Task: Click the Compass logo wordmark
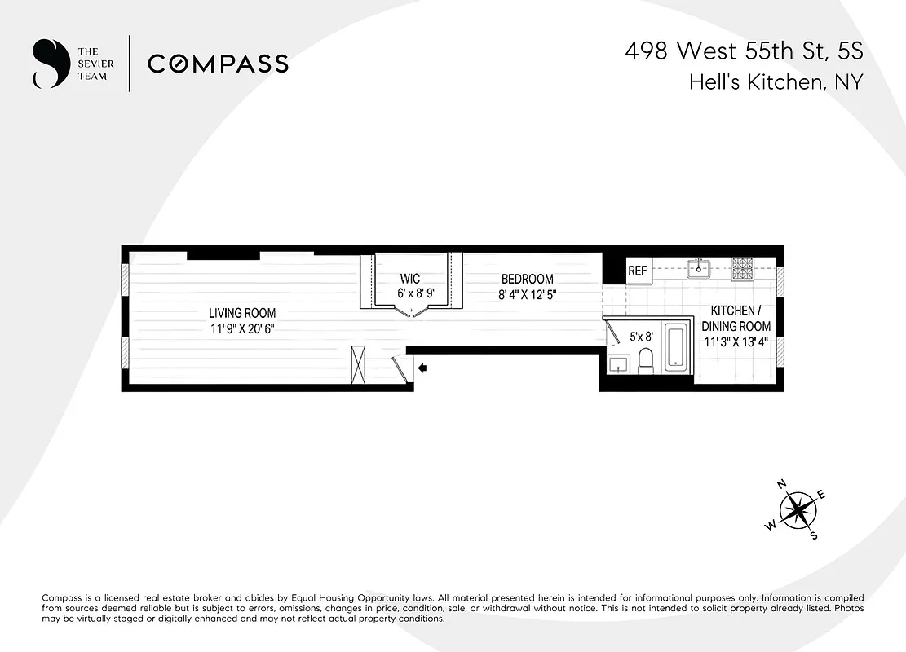pos(218,64)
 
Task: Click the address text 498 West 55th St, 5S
pos(743,51)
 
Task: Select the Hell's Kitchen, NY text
pos(776,82)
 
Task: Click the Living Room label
pos(242,313)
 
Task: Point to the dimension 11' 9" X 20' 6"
pos(242,329)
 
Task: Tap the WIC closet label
pos(411,280)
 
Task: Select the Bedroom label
pos(527,280)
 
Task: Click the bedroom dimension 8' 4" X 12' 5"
pos(527,295)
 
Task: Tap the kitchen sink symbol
pos(698,268)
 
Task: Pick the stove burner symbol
pos(743,267)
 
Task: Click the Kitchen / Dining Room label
pos(737,319)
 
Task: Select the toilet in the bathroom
pos(646,360)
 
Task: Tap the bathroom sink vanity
pos(618,364)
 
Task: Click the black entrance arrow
pos(423,368)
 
